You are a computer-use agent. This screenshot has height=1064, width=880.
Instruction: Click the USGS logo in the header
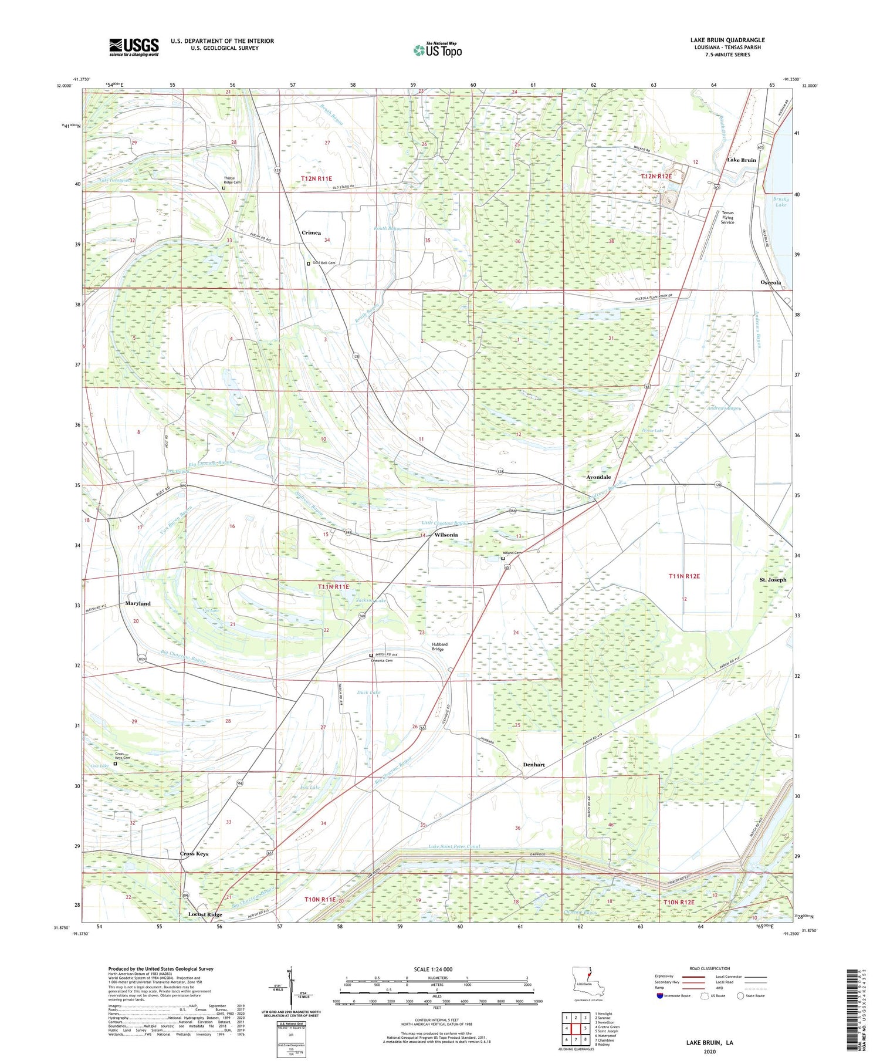tap(134, 47)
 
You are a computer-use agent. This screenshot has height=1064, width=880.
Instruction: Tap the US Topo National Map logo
tap(438, 50)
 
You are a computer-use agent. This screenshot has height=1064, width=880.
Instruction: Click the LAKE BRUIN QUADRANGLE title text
tap(728, 40)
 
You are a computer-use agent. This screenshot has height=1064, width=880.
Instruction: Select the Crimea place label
tap(311, 232)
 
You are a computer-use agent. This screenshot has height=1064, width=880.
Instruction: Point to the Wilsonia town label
tap(446, 535)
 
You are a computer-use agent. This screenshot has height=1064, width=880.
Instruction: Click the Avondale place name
tap(598, 477)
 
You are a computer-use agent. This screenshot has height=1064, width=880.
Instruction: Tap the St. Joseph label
tap(773, 579)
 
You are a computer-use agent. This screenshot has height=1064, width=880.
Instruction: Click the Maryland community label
tap(138, 603)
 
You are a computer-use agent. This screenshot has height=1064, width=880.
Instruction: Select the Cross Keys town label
tap(194, 853)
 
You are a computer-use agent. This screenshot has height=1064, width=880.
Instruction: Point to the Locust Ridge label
tap(205, 914)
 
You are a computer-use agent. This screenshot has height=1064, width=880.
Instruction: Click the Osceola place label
tap(770, 282)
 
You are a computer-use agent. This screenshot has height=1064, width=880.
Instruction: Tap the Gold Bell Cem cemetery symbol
tap(309, 264)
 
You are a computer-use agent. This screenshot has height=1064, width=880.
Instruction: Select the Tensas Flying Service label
tap(727, 217)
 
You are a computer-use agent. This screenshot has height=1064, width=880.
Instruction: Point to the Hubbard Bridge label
tap(439, 647)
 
